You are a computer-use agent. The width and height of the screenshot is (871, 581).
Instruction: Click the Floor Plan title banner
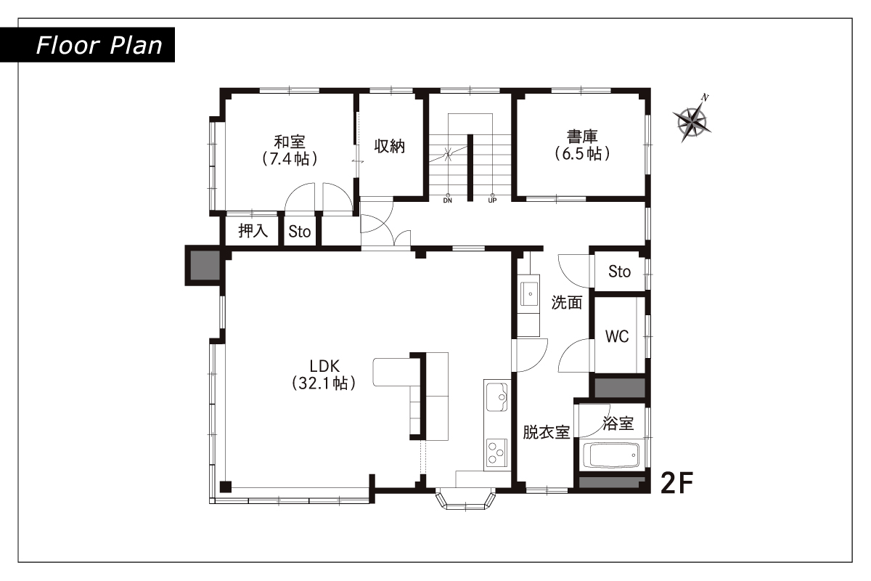click(x=87, y=45)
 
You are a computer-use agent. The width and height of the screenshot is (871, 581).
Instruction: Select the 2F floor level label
click(x=677, y=483)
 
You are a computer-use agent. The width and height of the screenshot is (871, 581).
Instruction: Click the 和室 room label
click(x=290, y=142)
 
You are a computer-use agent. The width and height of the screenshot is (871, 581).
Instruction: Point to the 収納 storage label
click(x=390, y=146)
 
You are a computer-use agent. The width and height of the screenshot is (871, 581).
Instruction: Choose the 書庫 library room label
click(x=582, y=137)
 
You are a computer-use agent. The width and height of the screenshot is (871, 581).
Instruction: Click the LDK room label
click(x=324, y=366)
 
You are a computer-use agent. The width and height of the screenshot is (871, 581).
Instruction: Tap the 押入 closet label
click(x=253, y=231)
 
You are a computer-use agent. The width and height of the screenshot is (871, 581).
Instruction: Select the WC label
click(x=617, y=336)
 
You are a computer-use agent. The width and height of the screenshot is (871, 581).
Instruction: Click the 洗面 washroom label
click(x=567, y=302)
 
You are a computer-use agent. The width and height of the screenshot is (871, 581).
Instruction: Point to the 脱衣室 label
click(x=547, y=432)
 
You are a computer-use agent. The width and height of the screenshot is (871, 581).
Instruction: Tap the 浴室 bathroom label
click(x=618, y=423)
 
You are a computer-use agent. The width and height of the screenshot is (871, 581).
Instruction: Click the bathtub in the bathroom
click(x=611, y=455)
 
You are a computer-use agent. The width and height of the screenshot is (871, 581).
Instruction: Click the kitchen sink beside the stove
click(x=497, y=397)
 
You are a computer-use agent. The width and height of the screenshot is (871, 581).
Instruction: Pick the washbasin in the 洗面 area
click(x=530, y=294)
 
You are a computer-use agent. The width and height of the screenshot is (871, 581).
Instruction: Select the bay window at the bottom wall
click(x=465, y=500)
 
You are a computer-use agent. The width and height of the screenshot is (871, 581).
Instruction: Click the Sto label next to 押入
click(x=299, y=232)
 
